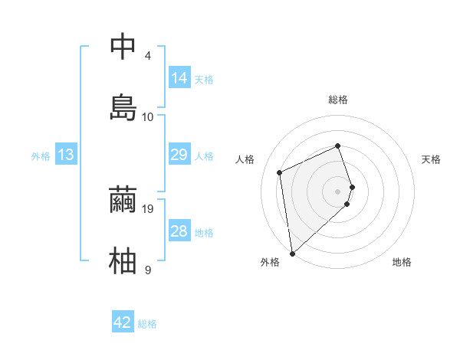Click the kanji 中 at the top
point(123,46)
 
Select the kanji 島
point(123,107)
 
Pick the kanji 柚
point(123,260)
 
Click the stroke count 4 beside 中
point(148,56)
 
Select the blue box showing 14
point(179,78)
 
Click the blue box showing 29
point(179,155)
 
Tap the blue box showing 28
point(179,231)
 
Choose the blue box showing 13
point(66,155)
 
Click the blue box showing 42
point(123,322)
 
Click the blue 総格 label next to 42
point(147,324)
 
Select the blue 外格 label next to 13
point(41,156)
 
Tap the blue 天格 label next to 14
point(204,80)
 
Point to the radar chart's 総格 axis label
point(338,100)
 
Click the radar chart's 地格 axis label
point(402,263)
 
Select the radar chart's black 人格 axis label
point(245,159)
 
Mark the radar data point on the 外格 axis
point(291,253)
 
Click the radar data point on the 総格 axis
point(338,146)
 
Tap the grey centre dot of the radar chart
point(338,191)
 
